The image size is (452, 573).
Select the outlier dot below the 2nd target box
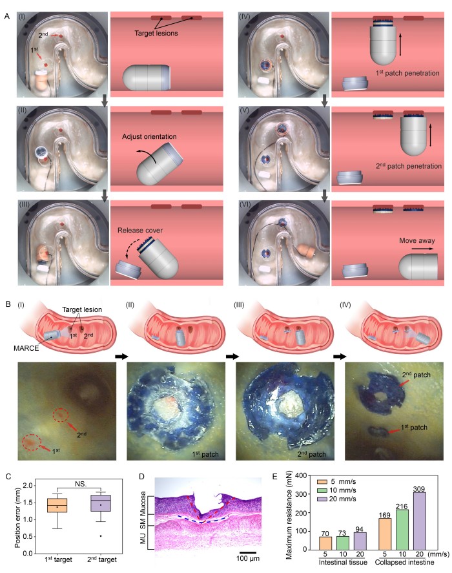pos(100,536)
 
